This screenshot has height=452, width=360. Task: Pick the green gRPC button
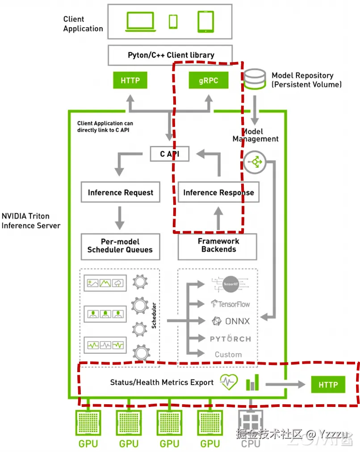pyautogui.click(x=208, y=81)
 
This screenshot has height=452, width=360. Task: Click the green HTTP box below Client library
pyautogui.click(x=130, y=81)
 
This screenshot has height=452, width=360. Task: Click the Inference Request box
pyautogui.click(x=120, y=193)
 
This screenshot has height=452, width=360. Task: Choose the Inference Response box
pyautogui.click(x=218, y=193)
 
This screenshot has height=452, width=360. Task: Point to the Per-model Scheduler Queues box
pyautogui.click(x=120, y=245)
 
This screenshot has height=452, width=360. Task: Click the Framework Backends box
pyautogui.click(x=218, y=245)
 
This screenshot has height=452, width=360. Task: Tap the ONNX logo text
pyautogui.click(x=231, y=321)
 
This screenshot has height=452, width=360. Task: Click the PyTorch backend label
pyautogui.click(x=230, y=339)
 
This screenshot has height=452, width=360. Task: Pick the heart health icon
pyautogui.click(x=229, y=383)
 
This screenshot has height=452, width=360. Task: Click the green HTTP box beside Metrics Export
pyautogui.click(x=328, y=385)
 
